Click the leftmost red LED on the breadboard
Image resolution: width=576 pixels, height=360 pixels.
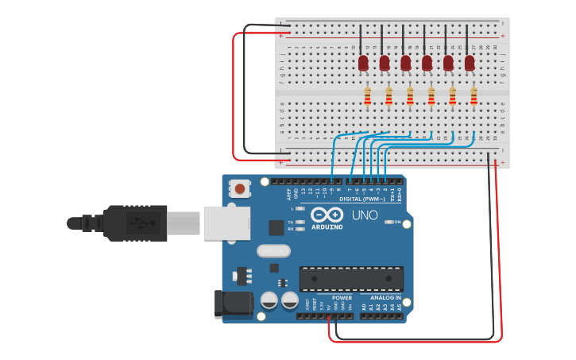point(363,62)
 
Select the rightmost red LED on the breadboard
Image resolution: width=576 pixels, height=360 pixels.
point(470,62)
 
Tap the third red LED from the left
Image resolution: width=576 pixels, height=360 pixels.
point(406,62)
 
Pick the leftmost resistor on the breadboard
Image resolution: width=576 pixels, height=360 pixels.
point(367,96)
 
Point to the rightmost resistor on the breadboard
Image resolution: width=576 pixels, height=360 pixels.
point(474,96)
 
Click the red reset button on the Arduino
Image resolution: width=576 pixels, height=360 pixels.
point(239,189)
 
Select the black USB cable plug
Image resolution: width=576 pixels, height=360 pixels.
point(135,223)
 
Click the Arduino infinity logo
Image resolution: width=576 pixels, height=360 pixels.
point(327,215)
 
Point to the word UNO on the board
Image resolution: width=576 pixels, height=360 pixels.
point(365,215)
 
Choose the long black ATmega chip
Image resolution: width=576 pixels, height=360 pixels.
point(351,279)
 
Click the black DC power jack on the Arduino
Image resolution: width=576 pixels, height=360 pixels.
point(232,304)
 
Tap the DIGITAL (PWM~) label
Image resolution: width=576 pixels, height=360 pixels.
point(362,199)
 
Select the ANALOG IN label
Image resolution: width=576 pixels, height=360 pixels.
point(386,298)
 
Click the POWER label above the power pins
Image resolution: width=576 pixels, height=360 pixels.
point(342,298)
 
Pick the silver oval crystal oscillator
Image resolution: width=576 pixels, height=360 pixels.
point(273,251)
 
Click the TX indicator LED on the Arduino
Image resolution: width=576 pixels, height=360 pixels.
point(300,222)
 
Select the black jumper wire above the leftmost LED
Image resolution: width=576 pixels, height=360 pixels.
point(361,39)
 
